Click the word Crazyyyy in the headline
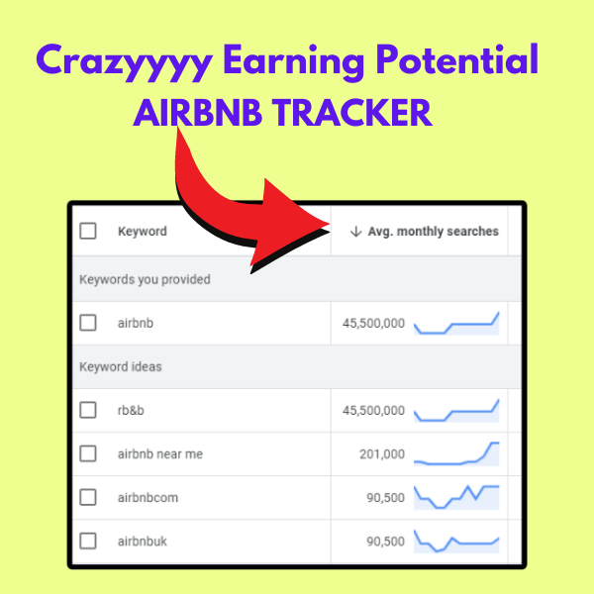[125, 61]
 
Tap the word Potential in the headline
[457, 59]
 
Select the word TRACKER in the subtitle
[352, 113]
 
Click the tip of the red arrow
[329, 224]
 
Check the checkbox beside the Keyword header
[88, 231]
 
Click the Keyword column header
[143, 231]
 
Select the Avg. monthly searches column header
[433, 231]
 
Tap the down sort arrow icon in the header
[355, 231]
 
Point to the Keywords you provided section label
[145, 279]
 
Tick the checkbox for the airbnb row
[88, 323]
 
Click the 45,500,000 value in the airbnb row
[373, 323]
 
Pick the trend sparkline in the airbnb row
[456, 323]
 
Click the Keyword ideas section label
[121, 366]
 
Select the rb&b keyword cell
[131, 410]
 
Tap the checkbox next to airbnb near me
[88, 453]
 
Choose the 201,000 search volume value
[382, 453]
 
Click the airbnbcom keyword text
[148, 497]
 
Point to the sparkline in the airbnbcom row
[456, 497]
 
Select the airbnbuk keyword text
[142, 542]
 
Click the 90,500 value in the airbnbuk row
[386, 542]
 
